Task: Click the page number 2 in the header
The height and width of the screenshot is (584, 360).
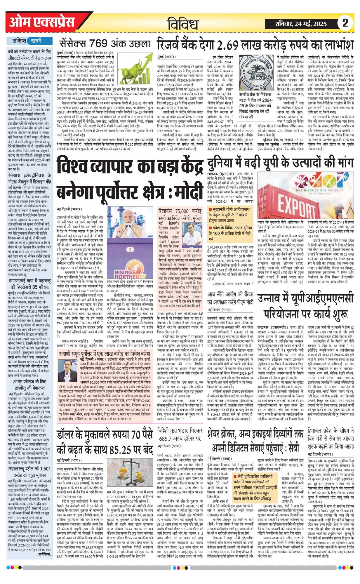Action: [345, 23]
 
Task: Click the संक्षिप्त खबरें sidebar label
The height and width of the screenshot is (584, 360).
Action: [29, 41]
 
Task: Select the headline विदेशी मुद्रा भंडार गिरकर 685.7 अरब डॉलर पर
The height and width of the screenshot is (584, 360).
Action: [180, 434]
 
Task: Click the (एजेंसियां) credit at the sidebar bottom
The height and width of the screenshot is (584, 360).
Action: [44, 554]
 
